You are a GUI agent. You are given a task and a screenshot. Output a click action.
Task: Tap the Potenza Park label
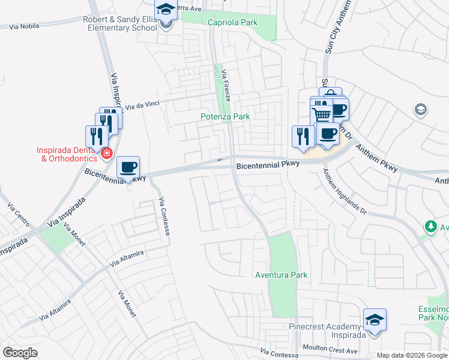224,116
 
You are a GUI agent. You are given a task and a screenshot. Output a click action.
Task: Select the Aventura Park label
282,275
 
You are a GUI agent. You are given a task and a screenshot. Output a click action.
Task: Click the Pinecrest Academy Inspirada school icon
375,320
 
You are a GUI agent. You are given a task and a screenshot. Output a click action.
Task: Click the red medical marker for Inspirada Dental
106,154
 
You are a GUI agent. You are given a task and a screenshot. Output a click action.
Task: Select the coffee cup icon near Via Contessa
128,167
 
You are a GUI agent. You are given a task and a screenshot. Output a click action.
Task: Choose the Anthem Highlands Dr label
345,191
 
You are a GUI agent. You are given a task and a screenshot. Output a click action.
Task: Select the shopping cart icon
322,113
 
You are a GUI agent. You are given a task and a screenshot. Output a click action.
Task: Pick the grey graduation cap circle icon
421,109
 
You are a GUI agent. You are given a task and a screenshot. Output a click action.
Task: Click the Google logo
20,353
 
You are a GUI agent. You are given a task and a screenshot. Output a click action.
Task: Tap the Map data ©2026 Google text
412,355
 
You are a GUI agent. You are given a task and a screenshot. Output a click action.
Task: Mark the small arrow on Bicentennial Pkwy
220,160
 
